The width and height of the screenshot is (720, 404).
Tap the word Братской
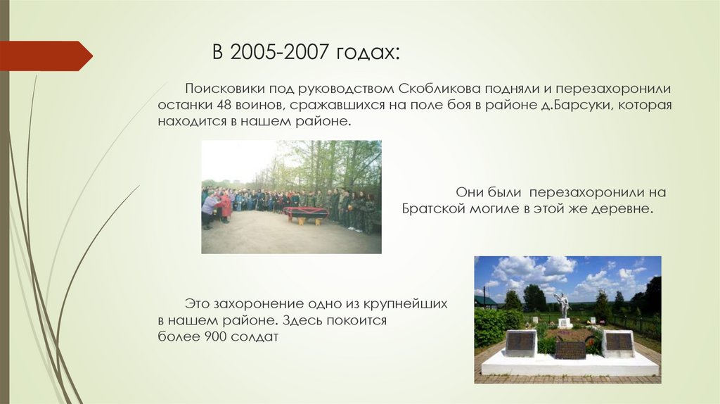tap(432, 209)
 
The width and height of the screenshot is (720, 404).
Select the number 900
tap(217, 336)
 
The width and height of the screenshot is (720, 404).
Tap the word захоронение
tap(256, 304)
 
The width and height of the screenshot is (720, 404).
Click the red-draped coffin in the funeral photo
tap(307, 212)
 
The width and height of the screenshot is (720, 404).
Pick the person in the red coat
tap(225, 206)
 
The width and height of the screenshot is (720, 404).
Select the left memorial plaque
tap(520, 342)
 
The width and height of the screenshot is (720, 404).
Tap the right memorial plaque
tap(619, 342)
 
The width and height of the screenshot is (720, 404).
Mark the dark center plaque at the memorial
tap(570, 349)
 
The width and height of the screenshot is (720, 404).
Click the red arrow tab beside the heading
tap(46, 56)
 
